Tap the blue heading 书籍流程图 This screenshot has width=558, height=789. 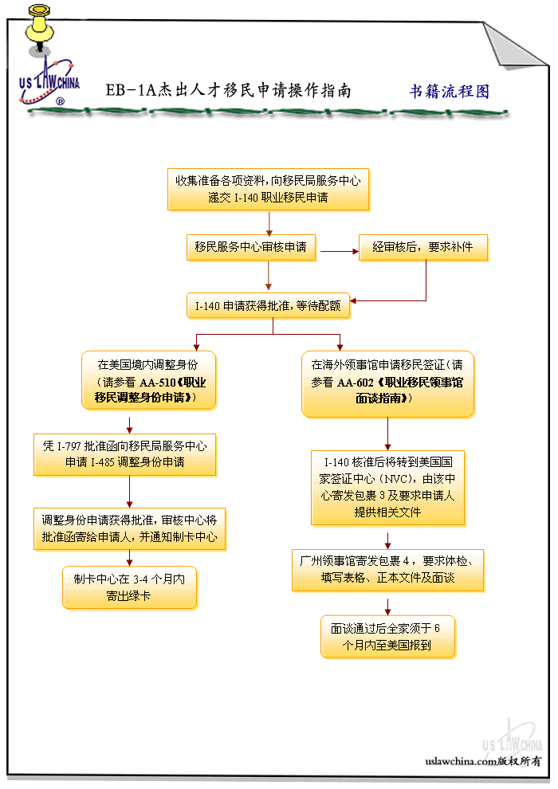pos(449,91)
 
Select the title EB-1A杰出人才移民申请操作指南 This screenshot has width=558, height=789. pos(228,90)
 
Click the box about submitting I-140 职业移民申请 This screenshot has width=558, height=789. pos(268,189)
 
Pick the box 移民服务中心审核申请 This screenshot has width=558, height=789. pos(250,247)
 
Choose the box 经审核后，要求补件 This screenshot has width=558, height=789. pos(422,247)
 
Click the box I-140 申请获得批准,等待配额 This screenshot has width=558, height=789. pos(268,305)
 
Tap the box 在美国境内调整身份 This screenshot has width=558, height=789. pos(147,380)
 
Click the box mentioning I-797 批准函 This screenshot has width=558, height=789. pos(125,454)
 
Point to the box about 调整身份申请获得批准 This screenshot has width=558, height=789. pos(130,528)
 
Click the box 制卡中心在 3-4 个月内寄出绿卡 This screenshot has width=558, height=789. pos(129,587)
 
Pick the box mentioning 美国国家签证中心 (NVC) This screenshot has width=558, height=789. pos(387,487)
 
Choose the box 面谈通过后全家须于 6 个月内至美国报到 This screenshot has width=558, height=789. pos(387,636)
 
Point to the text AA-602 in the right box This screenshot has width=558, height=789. pos(356,383)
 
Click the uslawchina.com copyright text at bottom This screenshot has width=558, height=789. pos(483,761)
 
